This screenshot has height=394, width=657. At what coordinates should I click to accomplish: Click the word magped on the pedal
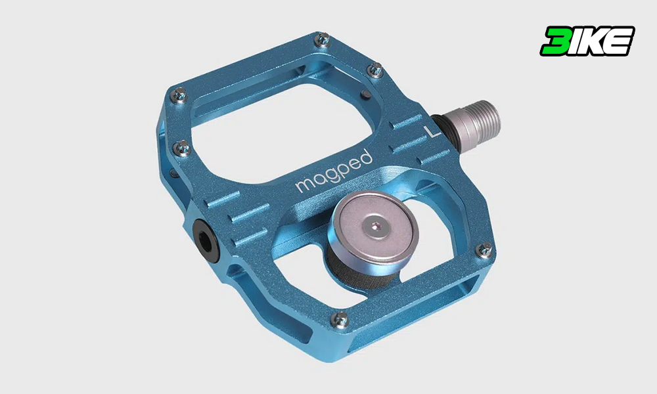click(x=334, y=171)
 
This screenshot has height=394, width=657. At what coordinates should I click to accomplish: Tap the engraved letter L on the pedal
click(x=432, y=131)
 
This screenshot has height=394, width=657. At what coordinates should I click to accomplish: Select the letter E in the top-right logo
click(x=619, y=41)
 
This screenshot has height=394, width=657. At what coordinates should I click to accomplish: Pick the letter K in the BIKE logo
click(x=593, y=41)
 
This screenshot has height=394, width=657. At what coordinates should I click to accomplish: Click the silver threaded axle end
click(x=476, y=121)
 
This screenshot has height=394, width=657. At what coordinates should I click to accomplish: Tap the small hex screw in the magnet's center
click(x=376, y=227)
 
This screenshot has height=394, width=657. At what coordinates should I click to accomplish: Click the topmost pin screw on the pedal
click(x=322, y=40)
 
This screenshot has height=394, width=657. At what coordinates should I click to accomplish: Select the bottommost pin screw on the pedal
click(x=340, y=320)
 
